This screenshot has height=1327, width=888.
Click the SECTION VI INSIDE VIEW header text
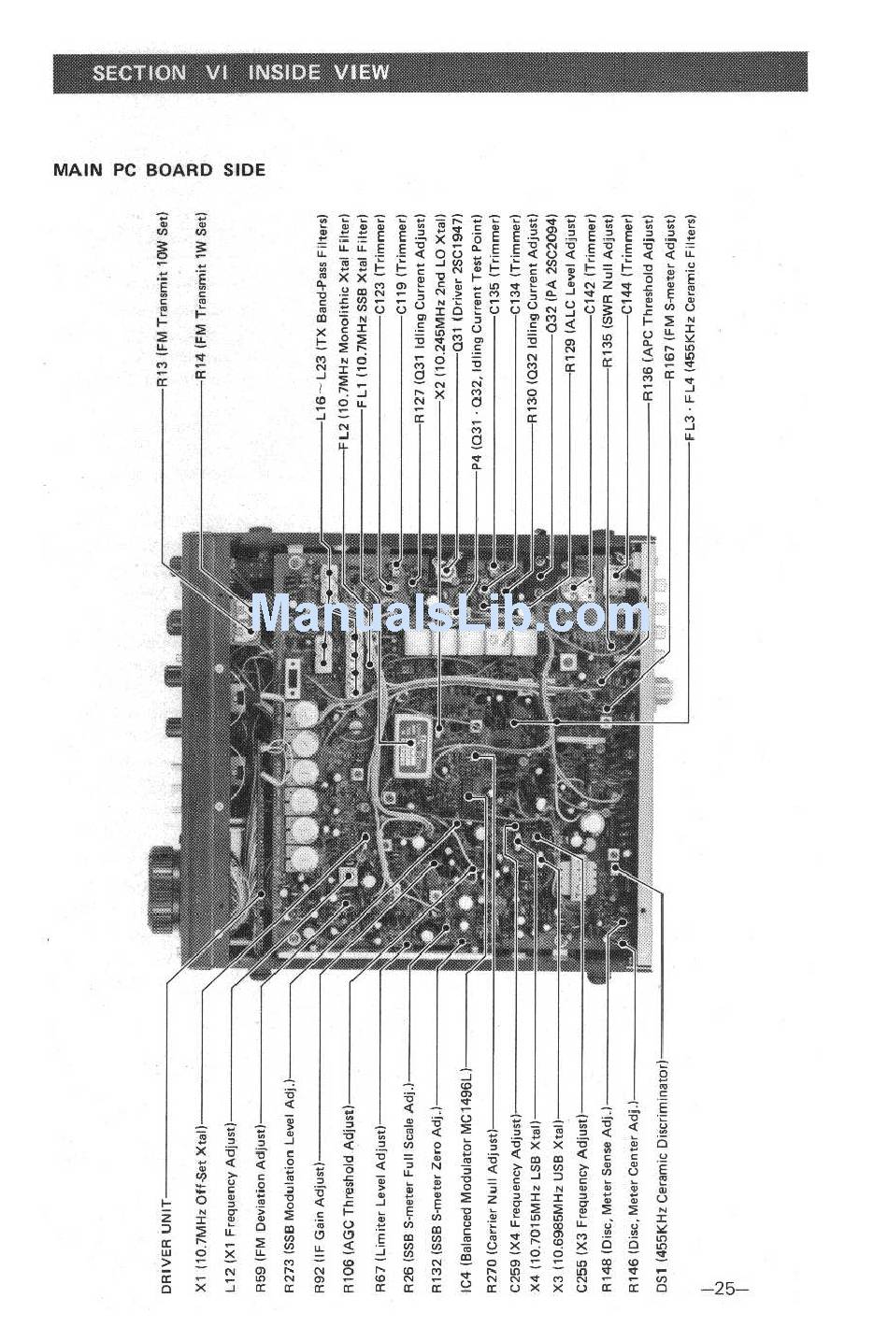(x=240, y=73)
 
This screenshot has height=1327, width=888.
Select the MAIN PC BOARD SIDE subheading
(x=159, y=170)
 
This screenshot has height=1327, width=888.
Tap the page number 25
(x=725, y=1289)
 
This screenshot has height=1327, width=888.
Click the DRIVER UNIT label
(x=166, y=1247)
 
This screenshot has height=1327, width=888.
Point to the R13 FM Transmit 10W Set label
(x=163, y=300)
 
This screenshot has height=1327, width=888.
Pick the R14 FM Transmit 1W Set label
(x=201, y=297)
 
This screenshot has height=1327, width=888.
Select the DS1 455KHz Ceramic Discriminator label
(x=662, y=1177)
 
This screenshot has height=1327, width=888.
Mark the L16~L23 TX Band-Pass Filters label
(x=322, y=317)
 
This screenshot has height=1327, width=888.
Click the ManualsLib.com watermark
(x=450, y=614)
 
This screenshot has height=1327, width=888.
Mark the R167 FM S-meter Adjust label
(x=670, y=297)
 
